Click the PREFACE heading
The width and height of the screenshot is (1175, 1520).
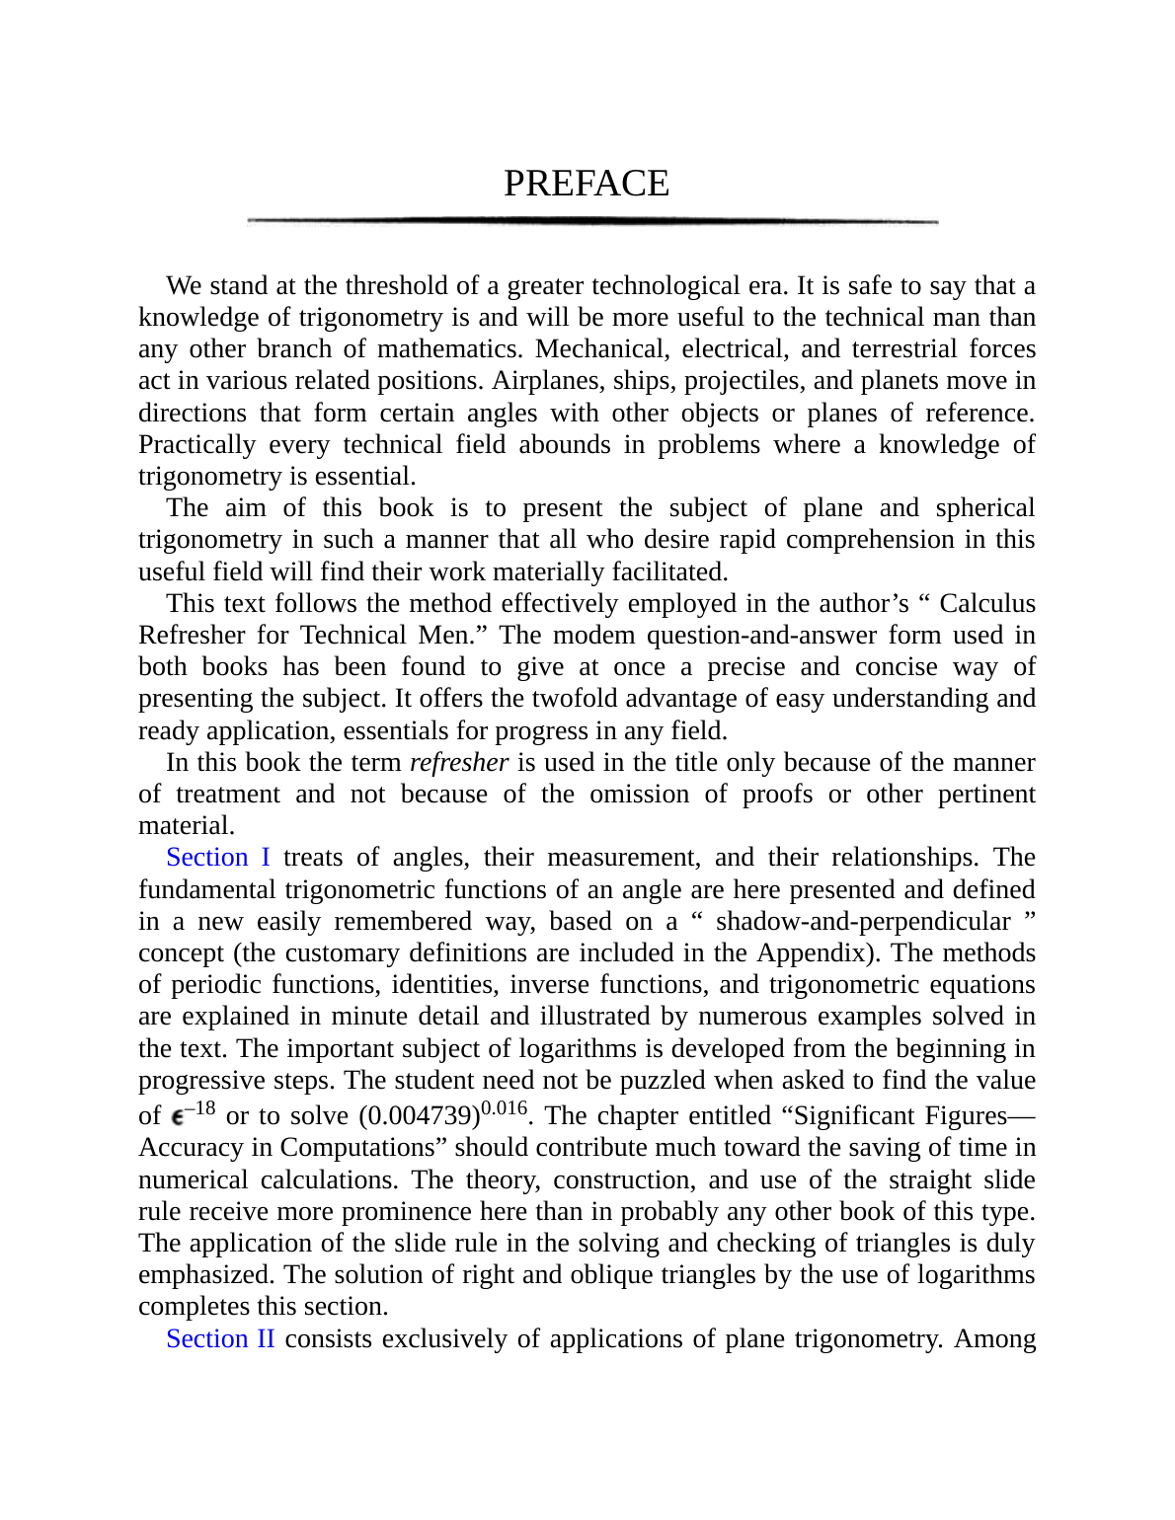click(587, 184)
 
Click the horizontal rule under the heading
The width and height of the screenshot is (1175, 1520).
click(592, 221)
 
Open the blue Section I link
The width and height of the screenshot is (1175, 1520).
click(218, 857)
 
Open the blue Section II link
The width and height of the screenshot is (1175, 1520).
click(220, 1338)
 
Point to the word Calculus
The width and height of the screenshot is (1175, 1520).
click(987, 603)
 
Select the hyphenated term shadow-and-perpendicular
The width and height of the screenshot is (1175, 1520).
click(864, 921)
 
